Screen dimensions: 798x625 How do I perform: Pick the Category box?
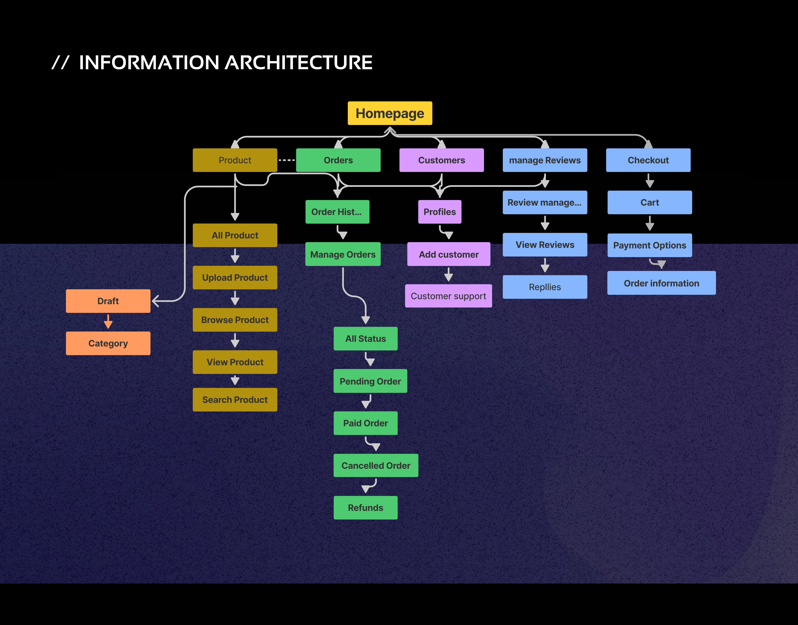(108, 343)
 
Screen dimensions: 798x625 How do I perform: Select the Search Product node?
(235, 400)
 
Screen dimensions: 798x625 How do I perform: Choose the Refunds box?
(366, 508)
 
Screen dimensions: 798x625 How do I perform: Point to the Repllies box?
(545, 287)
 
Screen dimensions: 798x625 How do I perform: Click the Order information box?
(661, 283)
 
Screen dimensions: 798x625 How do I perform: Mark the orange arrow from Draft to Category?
(108, 321)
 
